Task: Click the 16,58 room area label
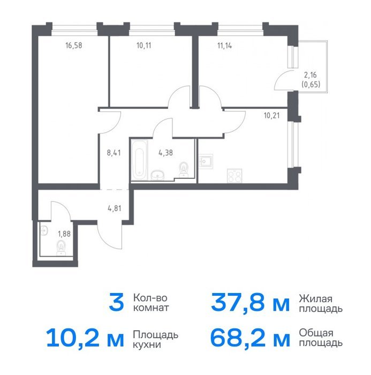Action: [74, 46]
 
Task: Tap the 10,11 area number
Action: [144, 46]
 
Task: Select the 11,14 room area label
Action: [224, 46]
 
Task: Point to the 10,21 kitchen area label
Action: [272, 116]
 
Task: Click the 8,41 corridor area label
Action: [114, 153]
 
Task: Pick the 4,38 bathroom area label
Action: [165, 153]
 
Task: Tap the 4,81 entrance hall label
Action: [115, 208]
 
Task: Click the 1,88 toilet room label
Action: [64, 234]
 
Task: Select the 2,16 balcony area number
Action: [311, 75]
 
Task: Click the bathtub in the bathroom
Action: [139, 160]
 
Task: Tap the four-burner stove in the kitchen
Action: [234, 176]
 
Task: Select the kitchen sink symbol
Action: [206, 162]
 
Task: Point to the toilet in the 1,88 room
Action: [61, 247]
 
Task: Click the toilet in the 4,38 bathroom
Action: [184, 170]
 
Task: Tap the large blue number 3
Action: [116, 303]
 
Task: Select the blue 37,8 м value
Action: [250, 303]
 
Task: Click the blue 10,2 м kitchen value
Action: [85, 339]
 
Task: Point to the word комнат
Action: [151, 308]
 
